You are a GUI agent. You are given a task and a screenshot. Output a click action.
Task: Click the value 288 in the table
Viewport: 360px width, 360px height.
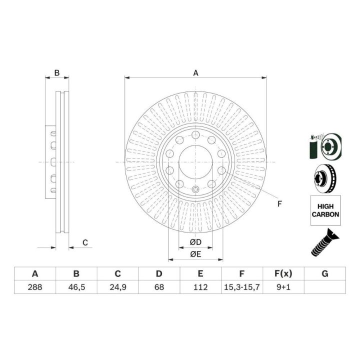(35, 287)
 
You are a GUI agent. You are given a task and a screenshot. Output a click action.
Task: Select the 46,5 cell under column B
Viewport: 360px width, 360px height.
(76, 287)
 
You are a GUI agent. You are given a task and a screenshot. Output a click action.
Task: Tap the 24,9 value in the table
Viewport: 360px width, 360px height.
(118, 287)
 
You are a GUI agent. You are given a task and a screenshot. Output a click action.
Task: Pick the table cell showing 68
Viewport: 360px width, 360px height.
(159, 287)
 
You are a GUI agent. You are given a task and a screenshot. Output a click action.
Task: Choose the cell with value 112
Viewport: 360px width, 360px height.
(200, 287)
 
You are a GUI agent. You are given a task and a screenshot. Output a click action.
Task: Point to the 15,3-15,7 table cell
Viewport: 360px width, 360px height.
(242, 287)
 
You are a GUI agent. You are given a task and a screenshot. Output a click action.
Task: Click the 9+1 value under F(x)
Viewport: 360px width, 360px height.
(283, 287)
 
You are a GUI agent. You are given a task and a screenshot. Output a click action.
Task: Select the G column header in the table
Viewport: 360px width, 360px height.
(325, 273)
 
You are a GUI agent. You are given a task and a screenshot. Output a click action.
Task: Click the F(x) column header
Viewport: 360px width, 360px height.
(283, 273)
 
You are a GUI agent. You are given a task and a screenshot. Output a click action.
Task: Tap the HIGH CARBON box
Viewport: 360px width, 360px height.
(325, 210)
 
